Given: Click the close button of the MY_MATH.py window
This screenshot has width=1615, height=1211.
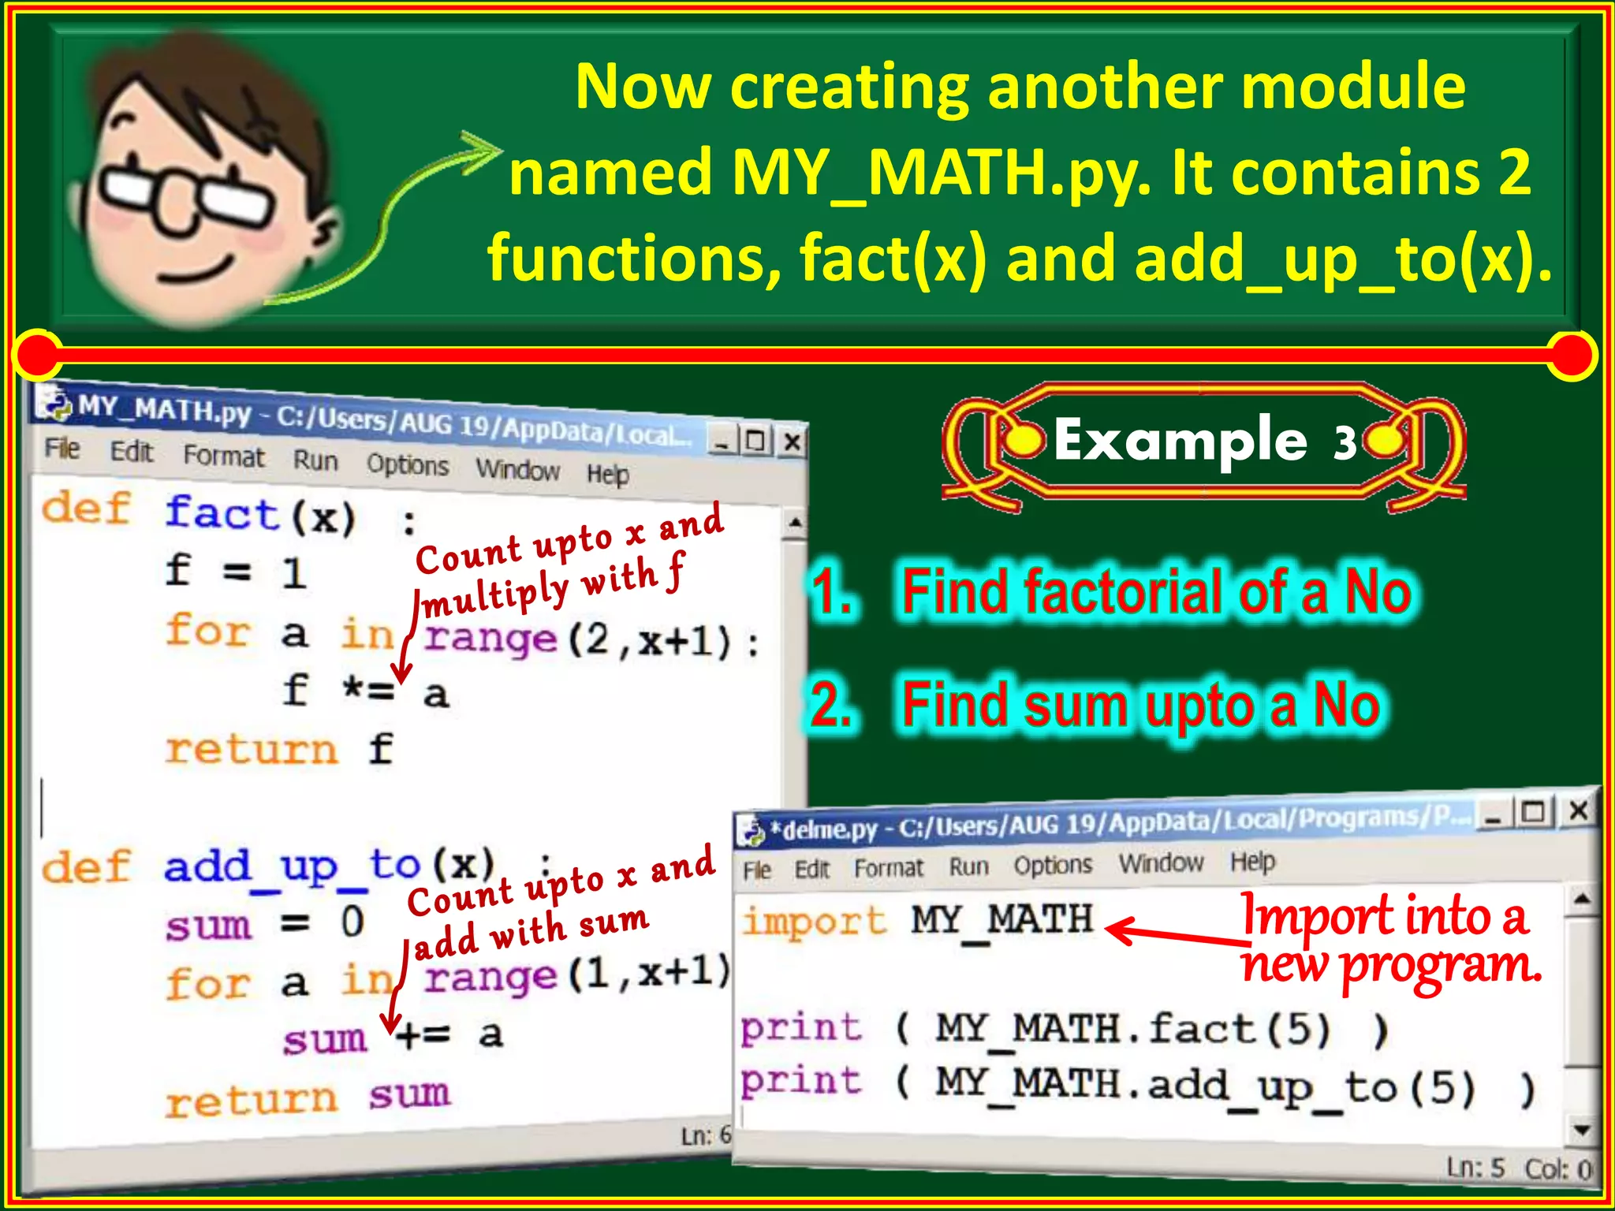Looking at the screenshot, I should click(793, 442).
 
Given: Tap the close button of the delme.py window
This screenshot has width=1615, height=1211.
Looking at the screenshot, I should click(1578, 810).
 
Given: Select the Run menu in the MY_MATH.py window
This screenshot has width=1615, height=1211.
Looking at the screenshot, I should click(315, 460).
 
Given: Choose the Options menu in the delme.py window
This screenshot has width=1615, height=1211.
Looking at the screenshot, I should click(1053, 866).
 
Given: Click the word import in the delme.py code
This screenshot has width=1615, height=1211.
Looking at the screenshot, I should click(814, 921).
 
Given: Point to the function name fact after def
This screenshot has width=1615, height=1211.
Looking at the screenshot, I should click(222, 513).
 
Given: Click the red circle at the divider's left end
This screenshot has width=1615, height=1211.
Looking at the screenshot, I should click(37, 354).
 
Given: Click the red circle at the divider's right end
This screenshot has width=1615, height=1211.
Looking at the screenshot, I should click(1572, 354).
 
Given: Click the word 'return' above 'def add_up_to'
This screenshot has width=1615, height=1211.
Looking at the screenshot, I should click(251, 749).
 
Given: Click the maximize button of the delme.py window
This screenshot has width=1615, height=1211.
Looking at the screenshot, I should click(1534, 812).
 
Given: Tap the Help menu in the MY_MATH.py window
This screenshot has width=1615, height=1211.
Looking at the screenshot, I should click(607, 475).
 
